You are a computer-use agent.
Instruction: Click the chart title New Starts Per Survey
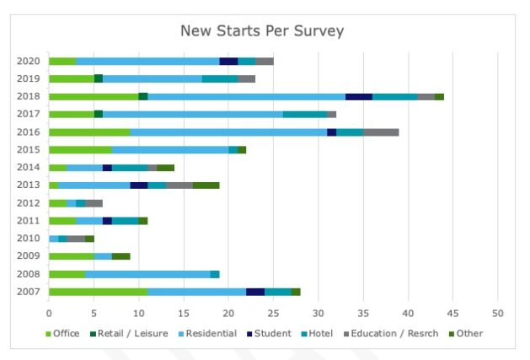pos(262,31)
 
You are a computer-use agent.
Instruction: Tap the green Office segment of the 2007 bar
pos(98,292)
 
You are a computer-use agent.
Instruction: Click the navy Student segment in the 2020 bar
pos(228,61)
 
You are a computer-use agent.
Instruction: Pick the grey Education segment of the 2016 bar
pos(381,132)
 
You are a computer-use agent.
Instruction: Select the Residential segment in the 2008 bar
pos(147,274)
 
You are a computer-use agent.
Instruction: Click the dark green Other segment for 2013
pos(206,185)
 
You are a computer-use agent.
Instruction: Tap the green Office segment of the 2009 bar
pos(71,256)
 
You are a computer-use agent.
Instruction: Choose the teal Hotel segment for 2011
pos(125,221)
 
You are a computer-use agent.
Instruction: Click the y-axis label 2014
pos(29,168)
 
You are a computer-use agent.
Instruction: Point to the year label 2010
pos(29,239)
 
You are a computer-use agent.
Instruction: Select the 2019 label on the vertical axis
pos(29,78)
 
